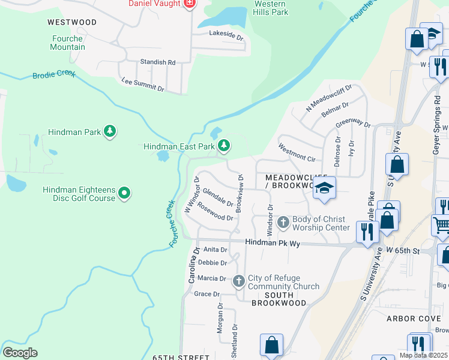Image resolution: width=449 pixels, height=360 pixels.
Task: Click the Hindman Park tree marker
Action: [x=109, y=131]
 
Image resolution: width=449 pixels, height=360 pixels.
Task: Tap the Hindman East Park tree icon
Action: [x=224, y=146]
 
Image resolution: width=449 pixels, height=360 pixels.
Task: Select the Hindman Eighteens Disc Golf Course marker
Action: [x=124, y=193]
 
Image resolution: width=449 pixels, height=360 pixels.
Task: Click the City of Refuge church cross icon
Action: [x=238, y=281]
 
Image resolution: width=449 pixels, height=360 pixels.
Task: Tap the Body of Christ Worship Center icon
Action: [x=283, y=223]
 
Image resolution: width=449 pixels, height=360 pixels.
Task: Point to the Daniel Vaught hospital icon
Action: [x=189, y=4]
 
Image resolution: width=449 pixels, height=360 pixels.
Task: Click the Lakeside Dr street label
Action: [x=226, y=36]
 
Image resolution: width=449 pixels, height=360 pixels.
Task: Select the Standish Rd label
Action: [x=157, y=62]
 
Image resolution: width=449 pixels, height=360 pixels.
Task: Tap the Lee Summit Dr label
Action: [x=142, y=84]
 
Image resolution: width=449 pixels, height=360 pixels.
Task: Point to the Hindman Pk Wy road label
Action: [x=272, y=243]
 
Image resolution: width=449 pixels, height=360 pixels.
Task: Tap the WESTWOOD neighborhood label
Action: [x=72, y=22]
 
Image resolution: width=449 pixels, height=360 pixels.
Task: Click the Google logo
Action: [x=20, y=353]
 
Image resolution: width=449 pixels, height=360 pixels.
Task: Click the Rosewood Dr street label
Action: [x=215, y=214]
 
